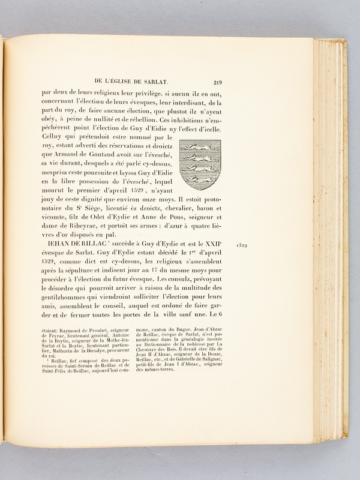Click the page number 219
click(x=217, y=83)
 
